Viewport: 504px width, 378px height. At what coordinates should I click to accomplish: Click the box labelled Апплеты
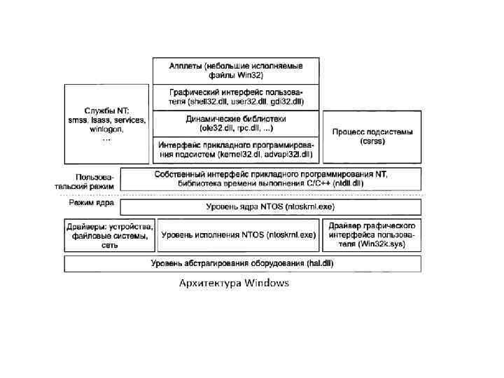[x=236, y=70]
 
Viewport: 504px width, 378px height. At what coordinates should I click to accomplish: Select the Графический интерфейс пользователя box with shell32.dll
[x=236, y=97]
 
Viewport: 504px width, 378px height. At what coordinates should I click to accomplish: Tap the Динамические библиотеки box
[x=236, y=123]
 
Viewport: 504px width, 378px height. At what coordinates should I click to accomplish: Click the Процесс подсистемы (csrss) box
[x=372, y=136]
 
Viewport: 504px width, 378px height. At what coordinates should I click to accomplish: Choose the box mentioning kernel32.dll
[x=236, y=149]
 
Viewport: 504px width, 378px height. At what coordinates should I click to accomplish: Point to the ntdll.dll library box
[x=270, y=178]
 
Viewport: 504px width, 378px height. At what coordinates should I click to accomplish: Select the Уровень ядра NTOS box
[x=270, y=207]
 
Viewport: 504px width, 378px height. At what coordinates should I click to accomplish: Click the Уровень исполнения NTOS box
[x=238, y=235]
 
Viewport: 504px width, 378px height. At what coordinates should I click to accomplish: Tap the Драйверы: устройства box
[x=109, y=236]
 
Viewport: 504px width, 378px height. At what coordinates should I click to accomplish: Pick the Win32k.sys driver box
[x=372, y=236]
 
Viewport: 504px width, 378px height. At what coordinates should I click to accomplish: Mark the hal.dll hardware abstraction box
[x=242, y=263]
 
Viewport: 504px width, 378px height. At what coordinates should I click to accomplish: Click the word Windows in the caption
[x=266, y=283]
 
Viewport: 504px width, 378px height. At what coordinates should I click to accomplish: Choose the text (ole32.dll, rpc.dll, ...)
[x=236, y=128]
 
